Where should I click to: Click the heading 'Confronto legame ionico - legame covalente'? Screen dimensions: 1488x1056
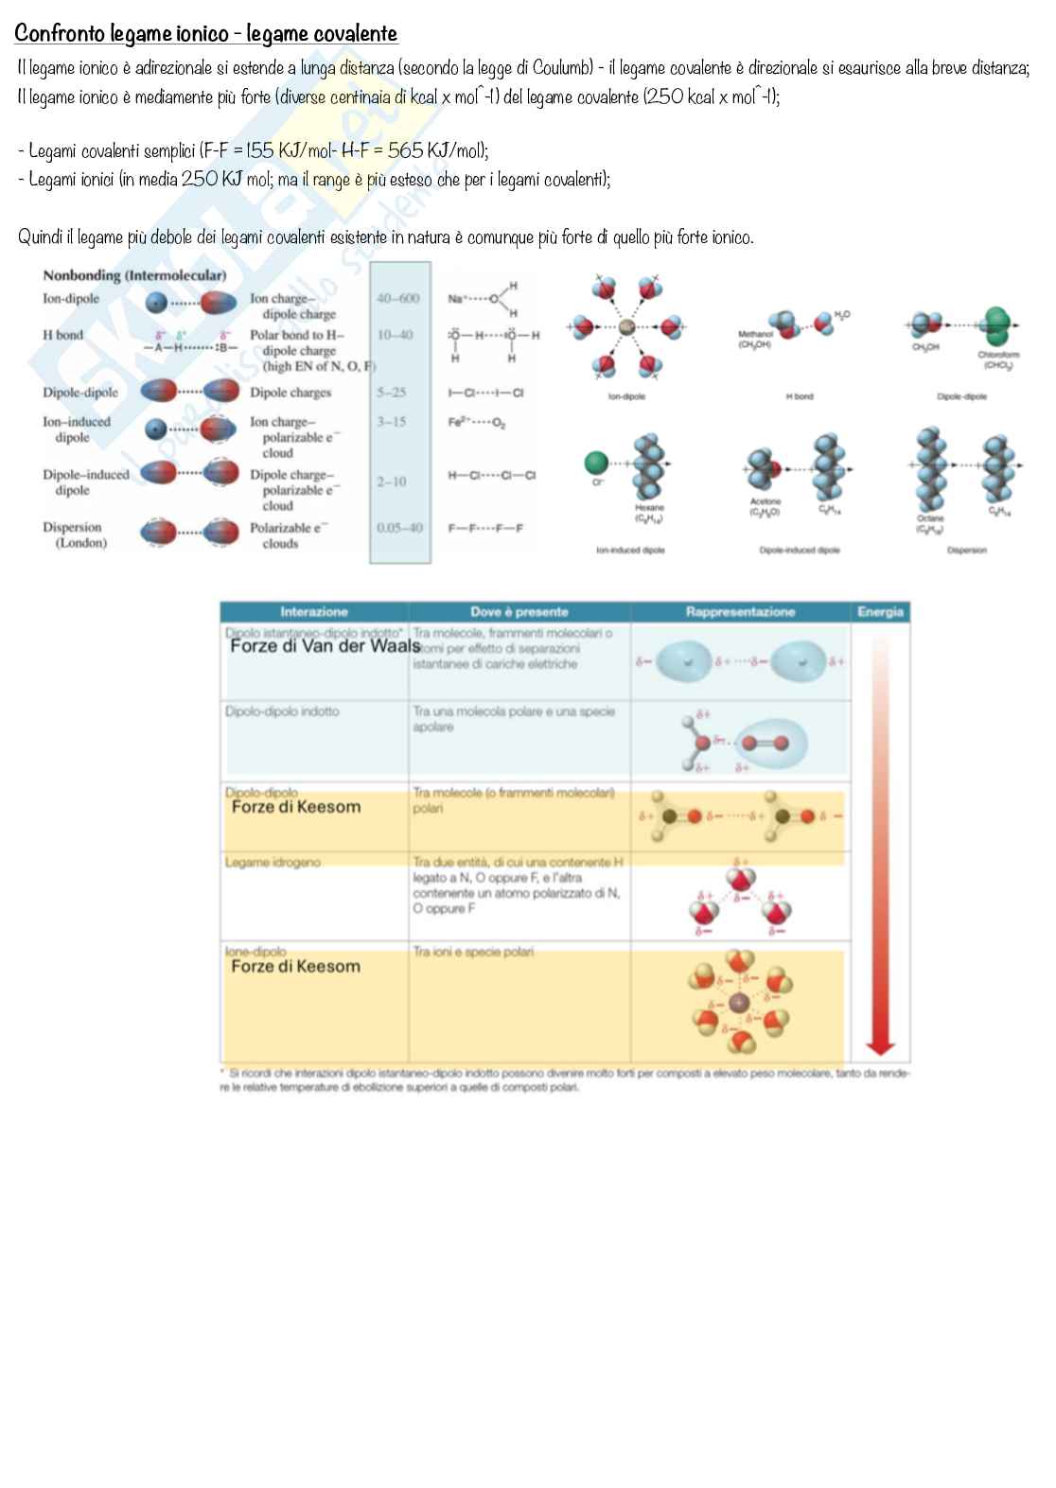[205, 34]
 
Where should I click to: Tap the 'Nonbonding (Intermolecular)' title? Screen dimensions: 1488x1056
[134, 275]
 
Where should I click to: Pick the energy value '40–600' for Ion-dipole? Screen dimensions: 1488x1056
[397, 298]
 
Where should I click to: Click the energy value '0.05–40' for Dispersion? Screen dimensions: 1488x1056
[399, 528]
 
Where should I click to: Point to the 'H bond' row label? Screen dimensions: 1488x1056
[62, 335]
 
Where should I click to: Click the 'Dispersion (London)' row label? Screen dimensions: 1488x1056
[73, 534]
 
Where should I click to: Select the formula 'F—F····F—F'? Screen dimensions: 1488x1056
[485, 528]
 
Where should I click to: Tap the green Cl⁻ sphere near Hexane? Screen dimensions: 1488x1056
[596, 463]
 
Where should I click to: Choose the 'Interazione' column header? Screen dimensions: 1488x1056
[313, 612]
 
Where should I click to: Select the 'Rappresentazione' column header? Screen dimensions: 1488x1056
[740, 612]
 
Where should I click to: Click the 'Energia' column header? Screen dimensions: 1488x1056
[880, 612]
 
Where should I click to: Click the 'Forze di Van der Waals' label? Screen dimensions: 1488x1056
[325, 646]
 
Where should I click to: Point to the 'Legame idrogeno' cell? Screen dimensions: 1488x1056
[273, 863]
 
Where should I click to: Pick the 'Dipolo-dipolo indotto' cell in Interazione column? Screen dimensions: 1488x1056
[282, 711]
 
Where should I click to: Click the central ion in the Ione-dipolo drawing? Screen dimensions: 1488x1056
[739, 1002]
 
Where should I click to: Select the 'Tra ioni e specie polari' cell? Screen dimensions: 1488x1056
[473, 952]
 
